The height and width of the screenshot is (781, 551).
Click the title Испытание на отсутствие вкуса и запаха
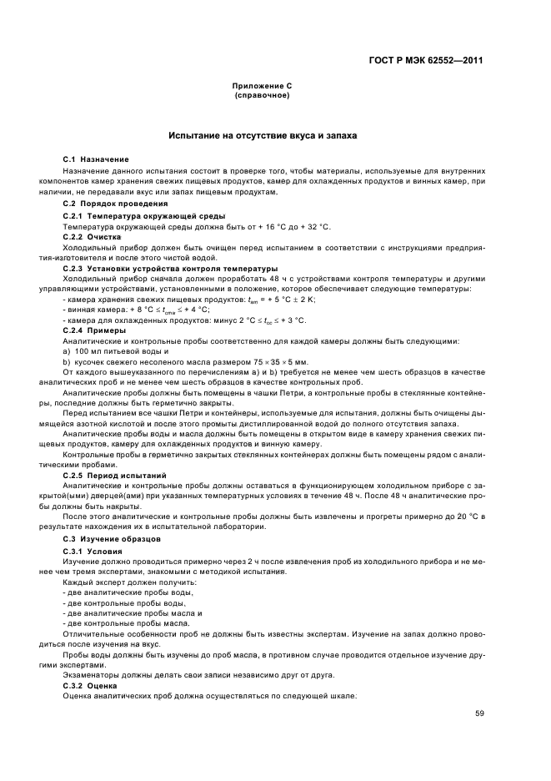tap(263, 135)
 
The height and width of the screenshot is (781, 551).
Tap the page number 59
tap(479, 713)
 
